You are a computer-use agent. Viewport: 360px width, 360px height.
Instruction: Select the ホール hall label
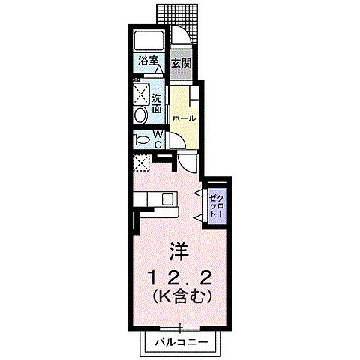(184, 118)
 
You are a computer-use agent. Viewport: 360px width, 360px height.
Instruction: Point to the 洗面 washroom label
(157, 103)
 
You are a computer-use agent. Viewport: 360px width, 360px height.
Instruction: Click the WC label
(158, 139)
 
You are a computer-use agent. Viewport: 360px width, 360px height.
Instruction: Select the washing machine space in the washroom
(142, 95)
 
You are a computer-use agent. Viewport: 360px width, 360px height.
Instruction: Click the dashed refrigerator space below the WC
(142, 163)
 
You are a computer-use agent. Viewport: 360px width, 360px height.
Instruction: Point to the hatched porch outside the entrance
(180, 14)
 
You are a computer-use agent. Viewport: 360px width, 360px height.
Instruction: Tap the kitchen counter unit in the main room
(157, 200)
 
